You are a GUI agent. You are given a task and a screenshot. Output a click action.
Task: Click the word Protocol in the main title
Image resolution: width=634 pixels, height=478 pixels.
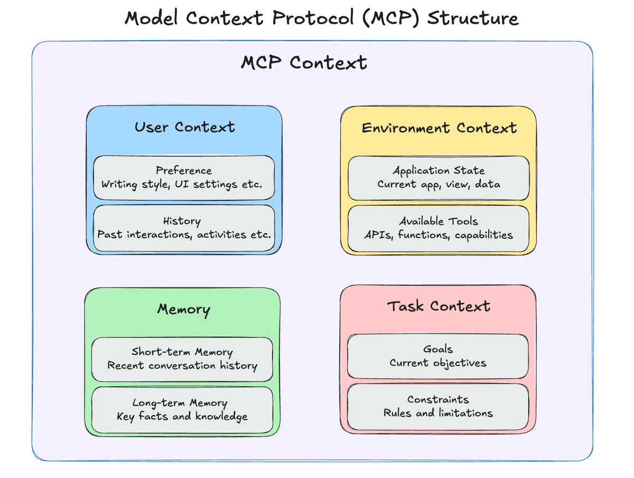pos(313,18)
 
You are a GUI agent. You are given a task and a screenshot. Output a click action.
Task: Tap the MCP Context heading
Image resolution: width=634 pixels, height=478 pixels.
pos(304,63)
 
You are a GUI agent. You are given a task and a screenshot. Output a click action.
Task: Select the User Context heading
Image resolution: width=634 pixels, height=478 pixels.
pos(184,127)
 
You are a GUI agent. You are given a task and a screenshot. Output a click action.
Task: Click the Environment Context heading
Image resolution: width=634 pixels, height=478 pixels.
pos(439,128)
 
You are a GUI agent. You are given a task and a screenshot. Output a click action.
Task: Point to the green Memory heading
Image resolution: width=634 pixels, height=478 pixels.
pos(183,309)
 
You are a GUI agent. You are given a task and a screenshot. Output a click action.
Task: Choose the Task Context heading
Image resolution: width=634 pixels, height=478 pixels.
pos(439,306)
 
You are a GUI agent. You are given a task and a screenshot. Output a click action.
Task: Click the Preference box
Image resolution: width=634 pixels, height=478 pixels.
pos(184,178)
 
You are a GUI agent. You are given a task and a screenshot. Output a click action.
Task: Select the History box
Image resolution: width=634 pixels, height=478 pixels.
pos(184,228)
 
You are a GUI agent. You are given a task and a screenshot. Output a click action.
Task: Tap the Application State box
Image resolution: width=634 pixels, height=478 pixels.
pos(439,178)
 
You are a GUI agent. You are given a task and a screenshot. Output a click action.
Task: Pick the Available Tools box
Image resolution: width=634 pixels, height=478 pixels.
pos(439,228)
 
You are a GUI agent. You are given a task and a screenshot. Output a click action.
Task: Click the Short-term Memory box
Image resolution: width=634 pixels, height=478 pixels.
pos(182,359)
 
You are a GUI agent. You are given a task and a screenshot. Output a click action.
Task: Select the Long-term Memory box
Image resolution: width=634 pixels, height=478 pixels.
pos(182,409)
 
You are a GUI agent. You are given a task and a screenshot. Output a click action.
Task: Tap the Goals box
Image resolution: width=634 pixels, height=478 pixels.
pos(438,356)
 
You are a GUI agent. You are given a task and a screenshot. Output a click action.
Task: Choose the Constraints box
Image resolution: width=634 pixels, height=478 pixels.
pos(438,407)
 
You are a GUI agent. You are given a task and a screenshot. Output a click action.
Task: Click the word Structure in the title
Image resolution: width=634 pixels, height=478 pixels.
pos(473,18)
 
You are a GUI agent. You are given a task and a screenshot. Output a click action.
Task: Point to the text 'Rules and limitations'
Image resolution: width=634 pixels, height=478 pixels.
pos(438,413)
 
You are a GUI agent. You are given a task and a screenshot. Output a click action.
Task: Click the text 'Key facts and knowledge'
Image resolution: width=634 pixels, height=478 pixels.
pos(182,417)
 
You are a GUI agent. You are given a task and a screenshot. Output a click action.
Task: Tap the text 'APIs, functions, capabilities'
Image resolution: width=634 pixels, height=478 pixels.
pos(439,235)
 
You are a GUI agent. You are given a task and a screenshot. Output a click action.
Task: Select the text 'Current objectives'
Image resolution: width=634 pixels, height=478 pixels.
pos(438,363)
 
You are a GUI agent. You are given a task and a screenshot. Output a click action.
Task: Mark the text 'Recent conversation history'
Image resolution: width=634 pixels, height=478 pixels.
pos(182,366)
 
